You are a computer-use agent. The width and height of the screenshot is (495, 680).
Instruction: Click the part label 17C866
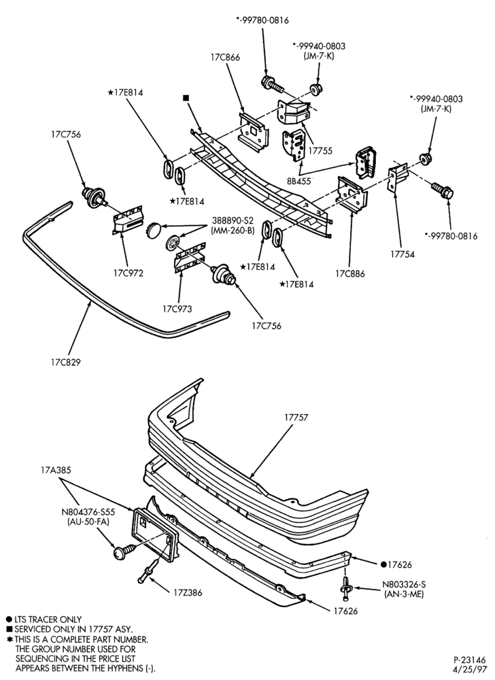(x=225, y=57)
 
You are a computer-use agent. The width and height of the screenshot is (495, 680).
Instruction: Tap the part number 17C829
(x=65, y=362)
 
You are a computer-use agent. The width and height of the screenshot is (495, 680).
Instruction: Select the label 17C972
(x=129, y=273)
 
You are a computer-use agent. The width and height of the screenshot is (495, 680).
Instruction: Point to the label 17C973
(x=177, y=309)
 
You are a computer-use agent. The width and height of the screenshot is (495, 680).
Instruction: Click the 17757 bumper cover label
(x=296, y=418)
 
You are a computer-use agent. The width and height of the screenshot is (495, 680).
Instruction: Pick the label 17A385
(x=56, y=470)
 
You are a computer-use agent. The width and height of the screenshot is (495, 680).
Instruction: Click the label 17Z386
(x=187, y=592)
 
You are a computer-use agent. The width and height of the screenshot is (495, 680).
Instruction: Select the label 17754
(x=403, y=254)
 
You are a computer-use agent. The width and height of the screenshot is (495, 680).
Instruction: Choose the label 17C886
(x=349, y=273)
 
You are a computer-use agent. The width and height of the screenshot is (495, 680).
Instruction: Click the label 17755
(x=320, y=151)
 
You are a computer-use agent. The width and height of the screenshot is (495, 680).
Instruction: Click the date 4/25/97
(x=470, y=668)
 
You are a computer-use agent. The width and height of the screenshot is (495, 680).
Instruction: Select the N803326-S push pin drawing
(x=345, y=588)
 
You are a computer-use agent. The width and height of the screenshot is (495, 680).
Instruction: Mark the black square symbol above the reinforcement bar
(x=186, y=98)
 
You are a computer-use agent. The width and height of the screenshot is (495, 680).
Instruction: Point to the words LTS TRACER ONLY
(x=48, y=619)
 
